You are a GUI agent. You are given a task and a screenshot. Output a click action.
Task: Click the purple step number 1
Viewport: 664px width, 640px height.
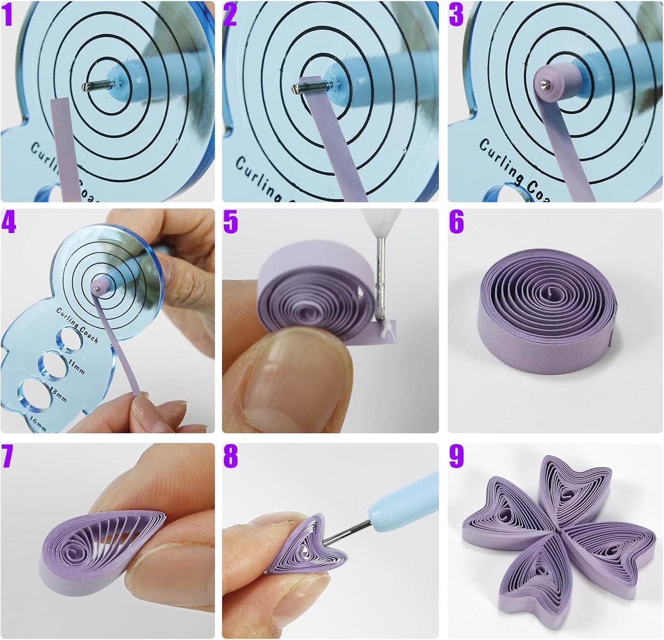click(9, 15)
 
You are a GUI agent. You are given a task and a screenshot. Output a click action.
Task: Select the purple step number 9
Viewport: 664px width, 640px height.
click(456, 457)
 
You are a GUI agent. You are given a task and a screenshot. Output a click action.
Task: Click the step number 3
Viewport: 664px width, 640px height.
click(456, 15)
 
